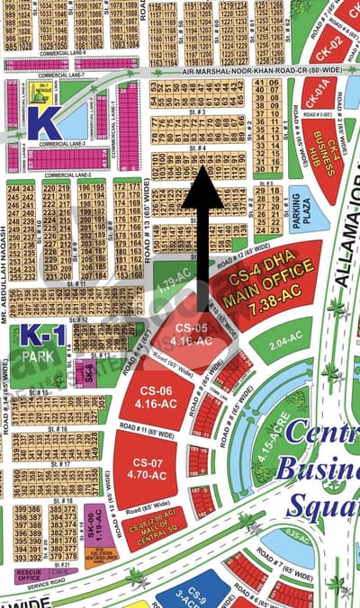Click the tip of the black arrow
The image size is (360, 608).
pyautogui.click(x=203, y=172)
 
